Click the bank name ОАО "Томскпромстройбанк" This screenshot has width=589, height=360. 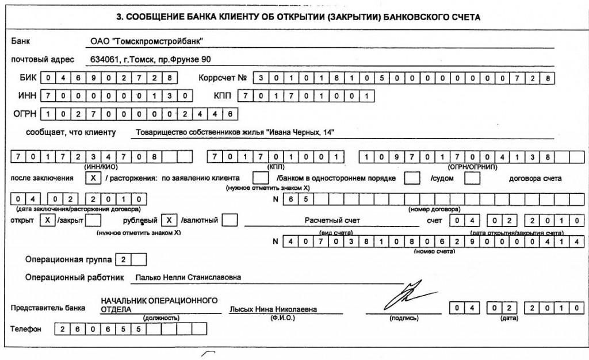coord(148,41)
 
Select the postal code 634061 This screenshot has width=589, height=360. coord(104,59)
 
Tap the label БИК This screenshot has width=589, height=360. coord(27,78)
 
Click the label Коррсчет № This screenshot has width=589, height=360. coord(222,78)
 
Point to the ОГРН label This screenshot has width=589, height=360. coord(25,114)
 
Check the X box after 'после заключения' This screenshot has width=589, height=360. coord(93,178)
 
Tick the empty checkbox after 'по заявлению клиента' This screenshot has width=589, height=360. coord(261,178)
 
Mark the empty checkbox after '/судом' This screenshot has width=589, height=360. coord(472,178)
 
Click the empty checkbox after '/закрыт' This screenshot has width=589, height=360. coord(93,220)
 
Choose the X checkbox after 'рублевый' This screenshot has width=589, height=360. coord(169,220)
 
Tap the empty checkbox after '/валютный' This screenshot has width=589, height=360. coord(230,220)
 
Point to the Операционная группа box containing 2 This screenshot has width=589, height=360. coord(123,259)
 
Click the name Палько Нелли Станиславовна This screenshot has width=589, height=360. coord(188,278)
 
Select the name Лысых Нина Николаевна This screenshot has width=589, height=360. coord(273,309)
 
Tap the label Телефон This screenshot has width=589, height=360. coord(26,330)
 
